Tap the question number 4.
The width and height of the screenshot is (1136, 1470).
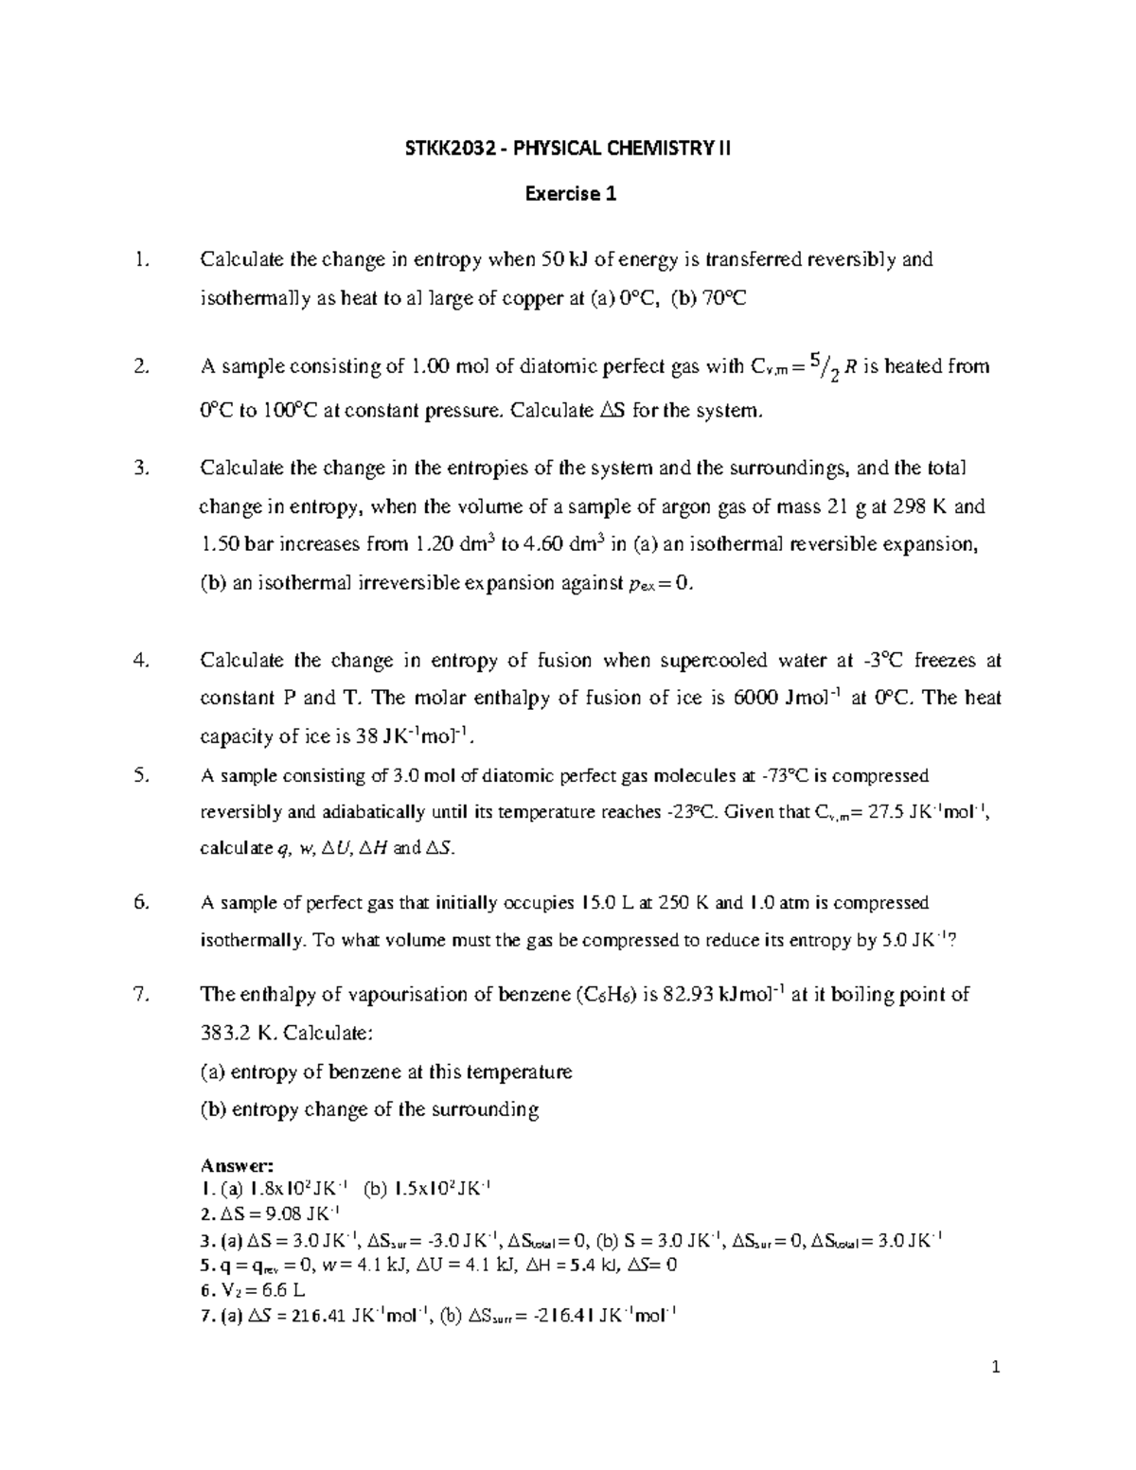point(142,660)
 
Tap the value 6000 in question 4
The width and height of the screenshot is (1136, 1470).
point(752,699)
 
